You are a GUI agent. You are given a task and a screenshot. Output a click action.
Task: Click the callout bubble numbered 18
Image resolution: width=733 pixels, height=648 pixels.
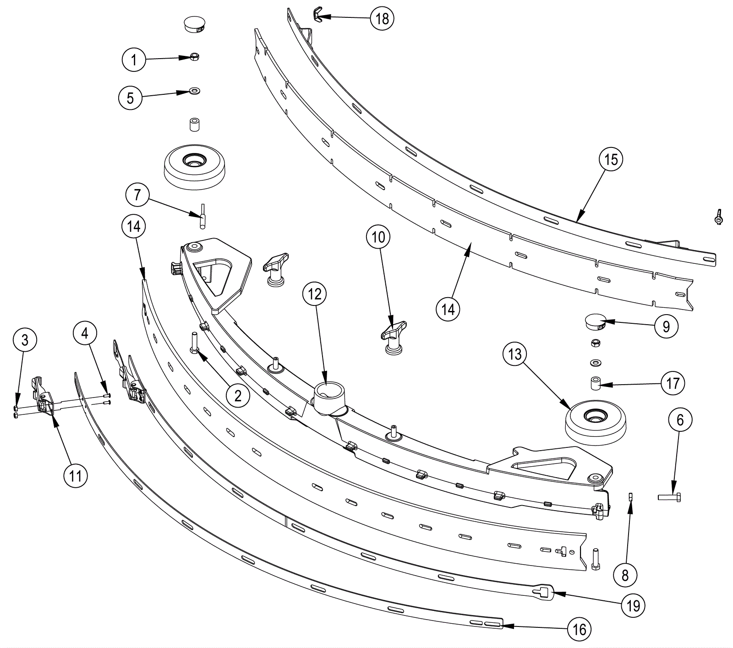coord(382,18)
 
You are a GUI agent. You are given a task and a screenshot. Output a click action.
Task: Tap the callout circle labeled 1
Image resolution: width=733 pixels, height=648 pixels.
coord(134,60)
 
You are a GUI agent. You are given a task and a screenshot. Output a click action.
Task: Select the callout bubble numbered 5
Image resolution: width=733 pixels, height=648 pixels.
coord(131,98)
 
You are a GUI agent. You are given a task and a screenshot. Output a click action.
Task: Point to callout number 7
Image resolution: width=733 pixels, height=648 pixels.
coord(137,195)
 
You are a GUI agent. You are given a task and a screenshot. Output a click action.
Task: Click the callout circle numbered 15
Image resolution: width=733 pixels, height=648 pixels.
coord(611,159)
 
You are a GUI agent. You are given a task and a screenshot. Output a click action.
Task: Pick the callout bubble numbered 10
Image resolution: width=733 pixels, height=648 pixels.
coord(378,237)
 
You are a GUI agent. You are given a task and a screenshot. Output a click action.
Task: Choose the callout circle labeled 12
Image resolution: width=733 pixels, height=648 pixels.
coord(315,294)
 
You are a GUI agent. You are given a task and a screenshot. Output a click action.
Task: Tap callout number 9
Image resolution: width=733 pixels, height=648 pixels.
coord(666,326)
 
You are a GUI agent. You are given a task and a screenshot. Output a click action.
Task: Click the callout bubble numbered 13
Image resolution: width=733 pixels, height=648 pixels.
coord(515,354)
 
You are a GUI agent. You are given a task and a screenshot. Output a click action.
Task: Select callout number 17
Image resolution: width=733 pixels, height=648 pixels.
coord(673,383)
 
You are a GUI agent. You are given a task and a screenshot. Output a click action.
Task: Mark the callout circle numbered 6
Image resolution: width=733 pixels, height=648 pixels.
coord(680,419)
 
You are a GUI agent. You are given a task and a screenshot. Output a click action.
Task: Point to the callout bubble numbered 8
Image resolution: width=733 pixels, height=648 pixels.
coord(625,575)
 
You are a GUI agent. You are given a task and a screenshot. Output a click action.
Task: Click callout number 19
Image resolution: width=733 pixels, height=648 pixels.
coord(633,606)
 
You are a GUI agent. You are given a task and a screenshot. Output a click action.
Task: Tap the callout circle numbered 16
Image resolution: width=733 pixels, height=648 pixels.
coord(580,629)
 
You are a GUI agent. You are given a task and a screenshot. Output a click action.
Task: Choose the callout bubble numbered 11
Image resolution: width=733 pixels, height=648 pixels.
coord(75,476)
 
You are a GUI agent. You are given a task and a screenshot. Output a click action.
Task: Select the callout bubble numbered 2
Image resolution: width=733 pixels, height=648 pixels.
coord(238,395)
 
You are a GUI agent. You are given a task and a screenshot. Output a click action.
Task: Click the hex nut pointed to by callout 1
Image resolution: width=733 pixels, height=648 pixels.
coord(194,57)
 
